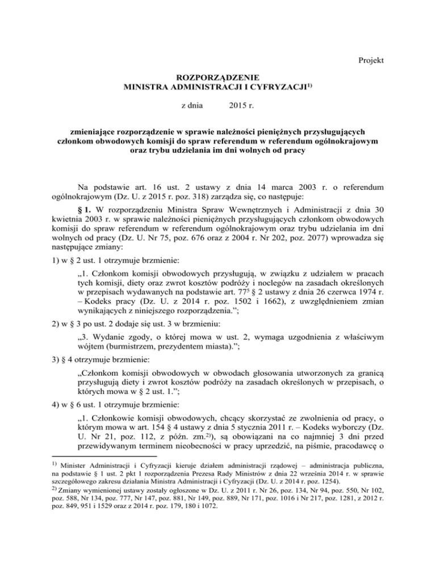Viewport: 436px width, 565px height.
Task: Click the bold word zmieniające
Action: (x=104, y=132)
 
